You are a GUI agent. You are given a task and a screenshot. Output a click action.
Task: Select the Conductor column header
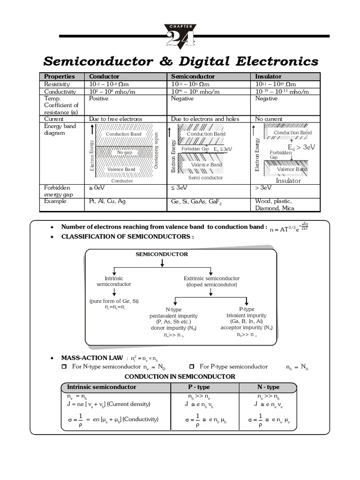click(104, 76)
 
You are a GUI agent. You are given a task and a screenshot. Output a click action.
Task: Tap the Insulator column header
click(268, 76)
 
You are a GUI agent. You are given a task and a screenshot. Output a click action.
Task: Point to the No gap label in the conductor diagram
click(125, 152)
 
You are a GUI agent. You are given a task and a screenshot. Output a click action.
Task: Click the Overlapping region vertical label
click(157, 151)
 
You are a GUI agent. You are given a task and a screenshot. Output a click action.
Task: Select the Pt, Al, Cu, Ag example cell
click(107, 201)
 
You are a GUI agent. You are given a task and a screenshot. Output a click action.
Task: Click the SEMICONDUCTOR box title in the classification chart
click(162, 254)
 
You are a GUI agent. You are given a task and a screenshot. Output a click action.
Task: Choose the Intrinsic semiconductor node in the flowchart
click(114, 281)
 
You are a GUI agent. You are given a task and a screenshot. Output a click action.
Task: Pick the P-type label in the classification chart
click(247, 309)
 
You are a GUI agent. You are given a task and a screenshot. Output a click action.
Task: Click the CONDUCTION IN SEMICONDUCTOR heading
click(180, 376)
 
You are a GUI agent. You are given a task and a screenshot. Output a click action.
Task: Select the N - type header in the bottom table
click(268, 387)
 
